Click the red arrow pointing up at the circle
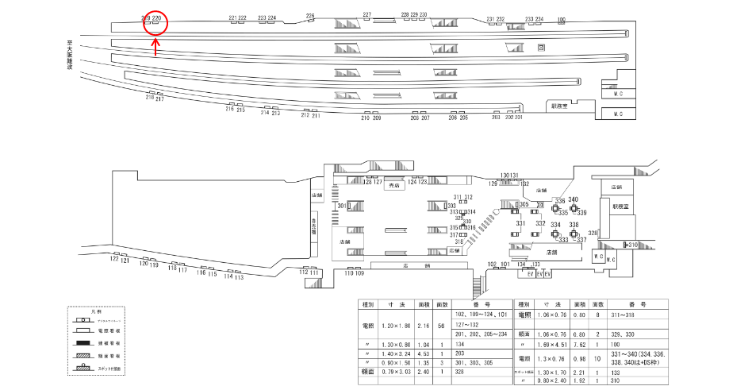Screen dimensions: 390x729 coord(155,49)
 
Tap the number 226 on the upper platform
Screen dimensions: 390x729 coord(310,16)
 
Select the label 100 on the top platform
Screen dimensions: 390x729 coord(562,18)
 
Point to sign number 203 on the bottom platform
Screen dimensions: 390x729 coord(496,117)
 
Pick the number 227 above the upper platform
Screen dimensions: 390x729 coord(366,15)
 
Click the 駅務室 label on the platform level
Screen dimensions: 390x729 coord(560,105)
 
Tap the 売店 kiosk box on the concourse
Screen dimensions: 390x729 coord(393,186)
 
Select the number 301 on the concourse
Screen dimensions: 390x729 coord(341,206)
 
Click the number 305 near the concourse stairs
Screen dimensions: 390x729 coord(524,204)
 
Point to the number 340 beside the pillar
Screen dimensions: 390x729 coord(574,199)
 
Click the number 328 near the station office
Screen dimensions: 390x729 coord(593,233)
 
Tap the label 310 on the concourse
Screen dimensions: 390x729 coord(632,245)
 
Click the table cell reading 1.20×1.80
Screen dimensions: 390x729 coord(396,326)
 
